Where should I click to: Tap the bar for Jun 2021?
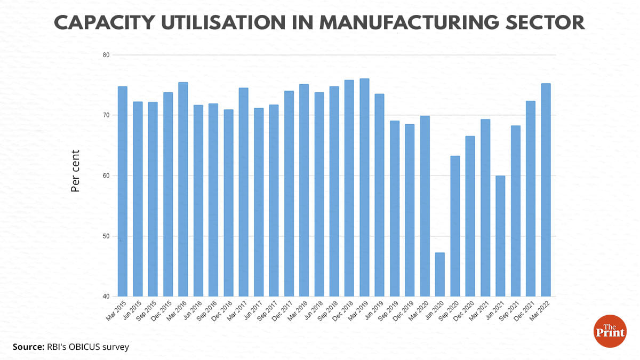point(500,236)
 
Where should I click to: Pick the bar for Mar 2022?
point(546,190)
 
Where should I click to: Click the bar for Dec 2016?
point(228,203)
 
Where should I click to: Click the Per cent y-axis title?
point(76,171)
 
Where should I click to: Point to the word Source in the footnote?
point(27,347)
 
